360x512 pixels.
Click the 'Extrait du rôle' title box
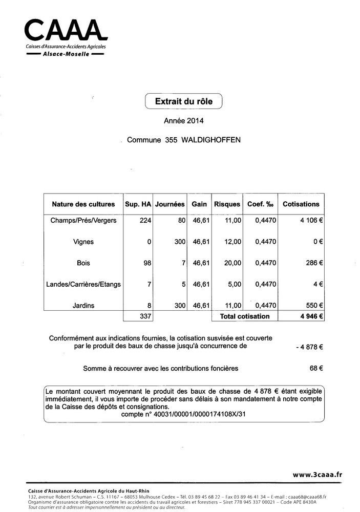point(183,101)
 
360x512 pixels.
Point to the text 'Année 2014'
point(183,121)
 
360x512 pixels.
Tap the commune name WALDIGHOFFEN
point(209,140)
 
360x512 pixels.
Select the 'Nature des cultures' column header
point(83,204)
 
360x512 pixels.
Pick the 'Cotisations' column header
point(301,204)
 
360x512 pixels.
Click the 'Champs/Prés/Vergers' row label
point(83,220)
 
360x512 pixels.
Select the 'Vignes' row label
point(83,242)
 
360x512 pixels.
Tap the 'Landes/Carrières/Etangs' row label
point(83,284)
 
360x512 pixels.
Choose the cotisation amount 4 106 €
point(310,220)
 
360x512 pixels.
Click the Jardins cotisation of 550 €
point(313,306)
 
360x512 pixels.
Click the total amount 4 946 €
point(310,316)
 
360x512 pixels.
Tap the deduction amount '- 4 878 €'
point(309,347)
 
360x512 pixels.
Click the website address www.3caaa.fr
point(317,475)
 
